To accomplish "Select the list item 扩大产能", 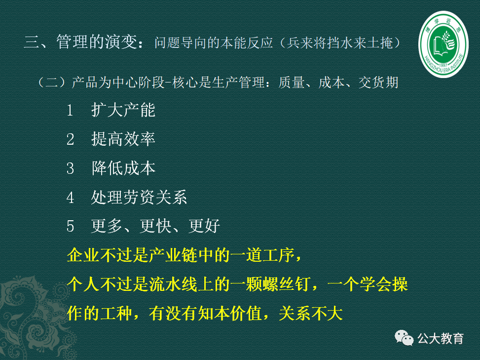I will (123, 110).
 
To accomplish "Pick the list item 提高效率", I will (123, 139).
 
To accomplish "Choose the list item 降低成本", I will (123, 168).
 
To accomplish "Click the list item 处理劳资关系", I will (139, 198).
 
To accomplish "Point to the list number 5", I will (71, 227).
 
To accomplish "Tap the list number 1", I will (71, 110).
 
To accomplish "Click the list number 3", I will (71, 168).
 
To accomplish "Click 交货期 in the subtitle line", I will (378, 82).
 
